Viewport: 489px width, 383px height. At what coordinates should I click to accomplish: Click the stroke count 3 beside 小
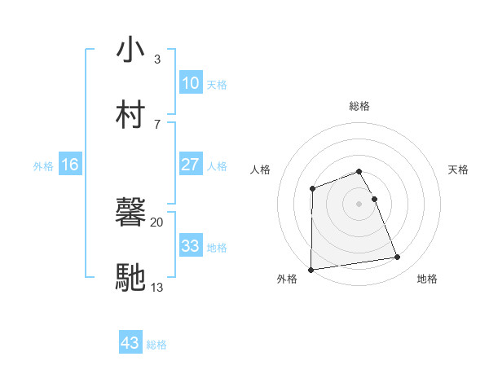[x=156, y=59]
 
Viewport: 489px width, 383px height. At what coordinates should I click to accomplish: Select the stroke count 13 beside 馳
[x=156, y=286]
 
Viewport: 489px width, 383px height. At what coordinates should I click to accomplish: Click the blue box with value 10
[x=190, y=83]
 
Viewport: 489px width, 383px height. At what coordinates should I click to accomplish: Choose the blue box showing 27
[x=190, y=165]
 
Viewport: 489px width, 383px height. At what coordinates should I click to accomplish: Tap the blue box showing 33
[x=190, y=246]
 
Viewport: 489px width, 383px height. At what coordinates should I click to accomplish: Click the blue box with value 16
[x=69, y=165]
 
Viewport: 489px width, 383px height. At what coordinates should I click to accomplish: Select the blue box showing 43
[x=130, y=344]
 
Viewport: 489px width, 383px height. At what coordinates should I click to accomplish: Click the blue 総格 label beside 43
[x=156, y=345]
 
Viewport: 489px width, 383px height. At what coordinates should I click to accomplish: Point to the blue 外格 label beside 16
[x=43, y=165]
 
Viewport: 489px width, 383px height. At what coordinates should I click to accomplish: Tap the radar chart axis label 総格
[x=359, y=106]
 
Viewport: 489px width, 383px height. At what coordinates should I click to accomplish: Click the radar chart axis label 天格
[x=459, y=169]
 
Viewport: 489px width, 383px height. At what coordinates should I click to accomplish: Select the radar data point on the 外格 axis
[x=311, y=269]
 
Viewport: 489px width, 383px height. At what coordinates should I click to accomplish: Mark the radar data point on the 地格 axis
[x=398, y=258]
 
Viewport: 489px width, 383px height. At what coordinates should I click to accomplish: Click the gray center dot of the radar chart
[x=359, y=203]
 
